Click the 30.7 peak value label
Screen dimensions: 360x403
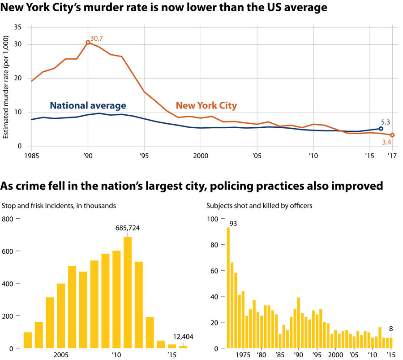click(97, 39)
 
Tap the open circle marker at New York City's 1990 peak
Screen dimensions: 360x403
click(88, 43)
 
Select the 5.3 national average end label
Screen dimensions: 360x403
click(386, 121)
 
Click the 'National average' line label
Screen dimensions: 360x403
click(88, 106)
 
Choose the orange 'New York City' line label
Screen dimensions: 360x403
click(206, 106)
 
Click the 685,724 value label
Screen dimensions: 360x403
click(128, 228)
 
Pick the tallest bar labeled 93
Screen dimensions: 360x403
click(228, 288)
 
